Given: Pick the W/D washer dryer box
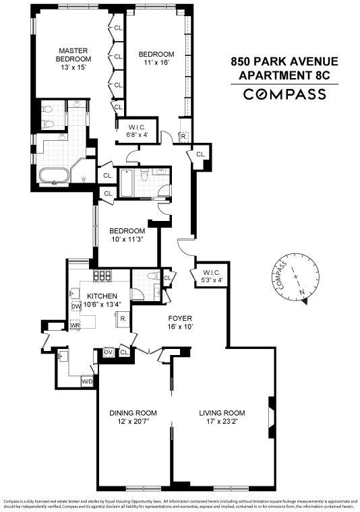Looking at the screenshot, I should [87, 382].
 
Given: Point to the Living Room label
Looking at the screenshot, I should [222, 413].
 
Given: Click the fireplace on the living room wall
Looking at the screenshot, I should [271, 412].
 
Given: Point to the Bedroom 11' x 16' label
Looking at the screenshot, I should [156, 58].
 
